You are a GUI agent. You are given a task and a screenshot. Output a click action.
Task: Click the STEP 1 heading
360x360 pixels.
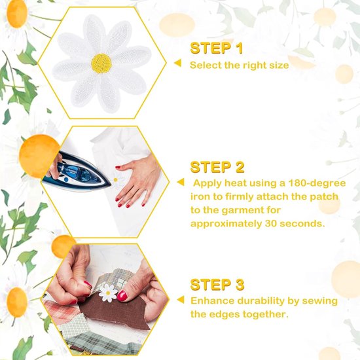[x=217, y=48]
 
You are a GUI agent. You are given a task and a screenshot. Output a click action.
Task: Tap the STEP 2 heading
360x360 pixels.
[x=217, y=167]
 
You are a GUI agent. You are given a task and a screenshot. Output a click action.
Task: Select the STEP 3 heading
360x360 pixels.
[x=217, y=285]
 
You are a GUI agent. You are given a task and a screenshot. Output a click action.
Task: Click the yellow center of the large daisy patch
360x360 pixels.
[x=101, y=63]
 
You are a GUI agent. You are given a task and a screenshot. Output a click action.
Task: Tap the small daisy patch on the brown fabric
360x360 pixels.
[x=108, y=293]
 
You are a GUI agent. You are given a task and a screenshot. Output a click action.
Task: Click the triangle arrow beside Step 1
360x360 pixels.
[x=177, y=63]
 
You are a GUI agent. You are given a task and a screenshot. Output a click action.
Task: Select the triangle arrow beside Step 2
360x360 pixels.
[x=181, y=183]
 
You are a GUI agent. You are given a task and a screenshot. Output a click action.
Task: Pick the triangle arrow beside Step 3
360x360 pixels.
[x=181, y=300]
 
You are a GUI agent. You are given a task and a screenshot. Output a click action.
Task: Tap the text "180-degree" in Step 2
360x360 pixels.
[x=317, y=183]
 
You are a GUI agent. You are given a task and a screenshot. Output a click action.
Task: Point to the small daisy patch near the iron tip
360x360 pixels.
[x=116, y=180]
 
